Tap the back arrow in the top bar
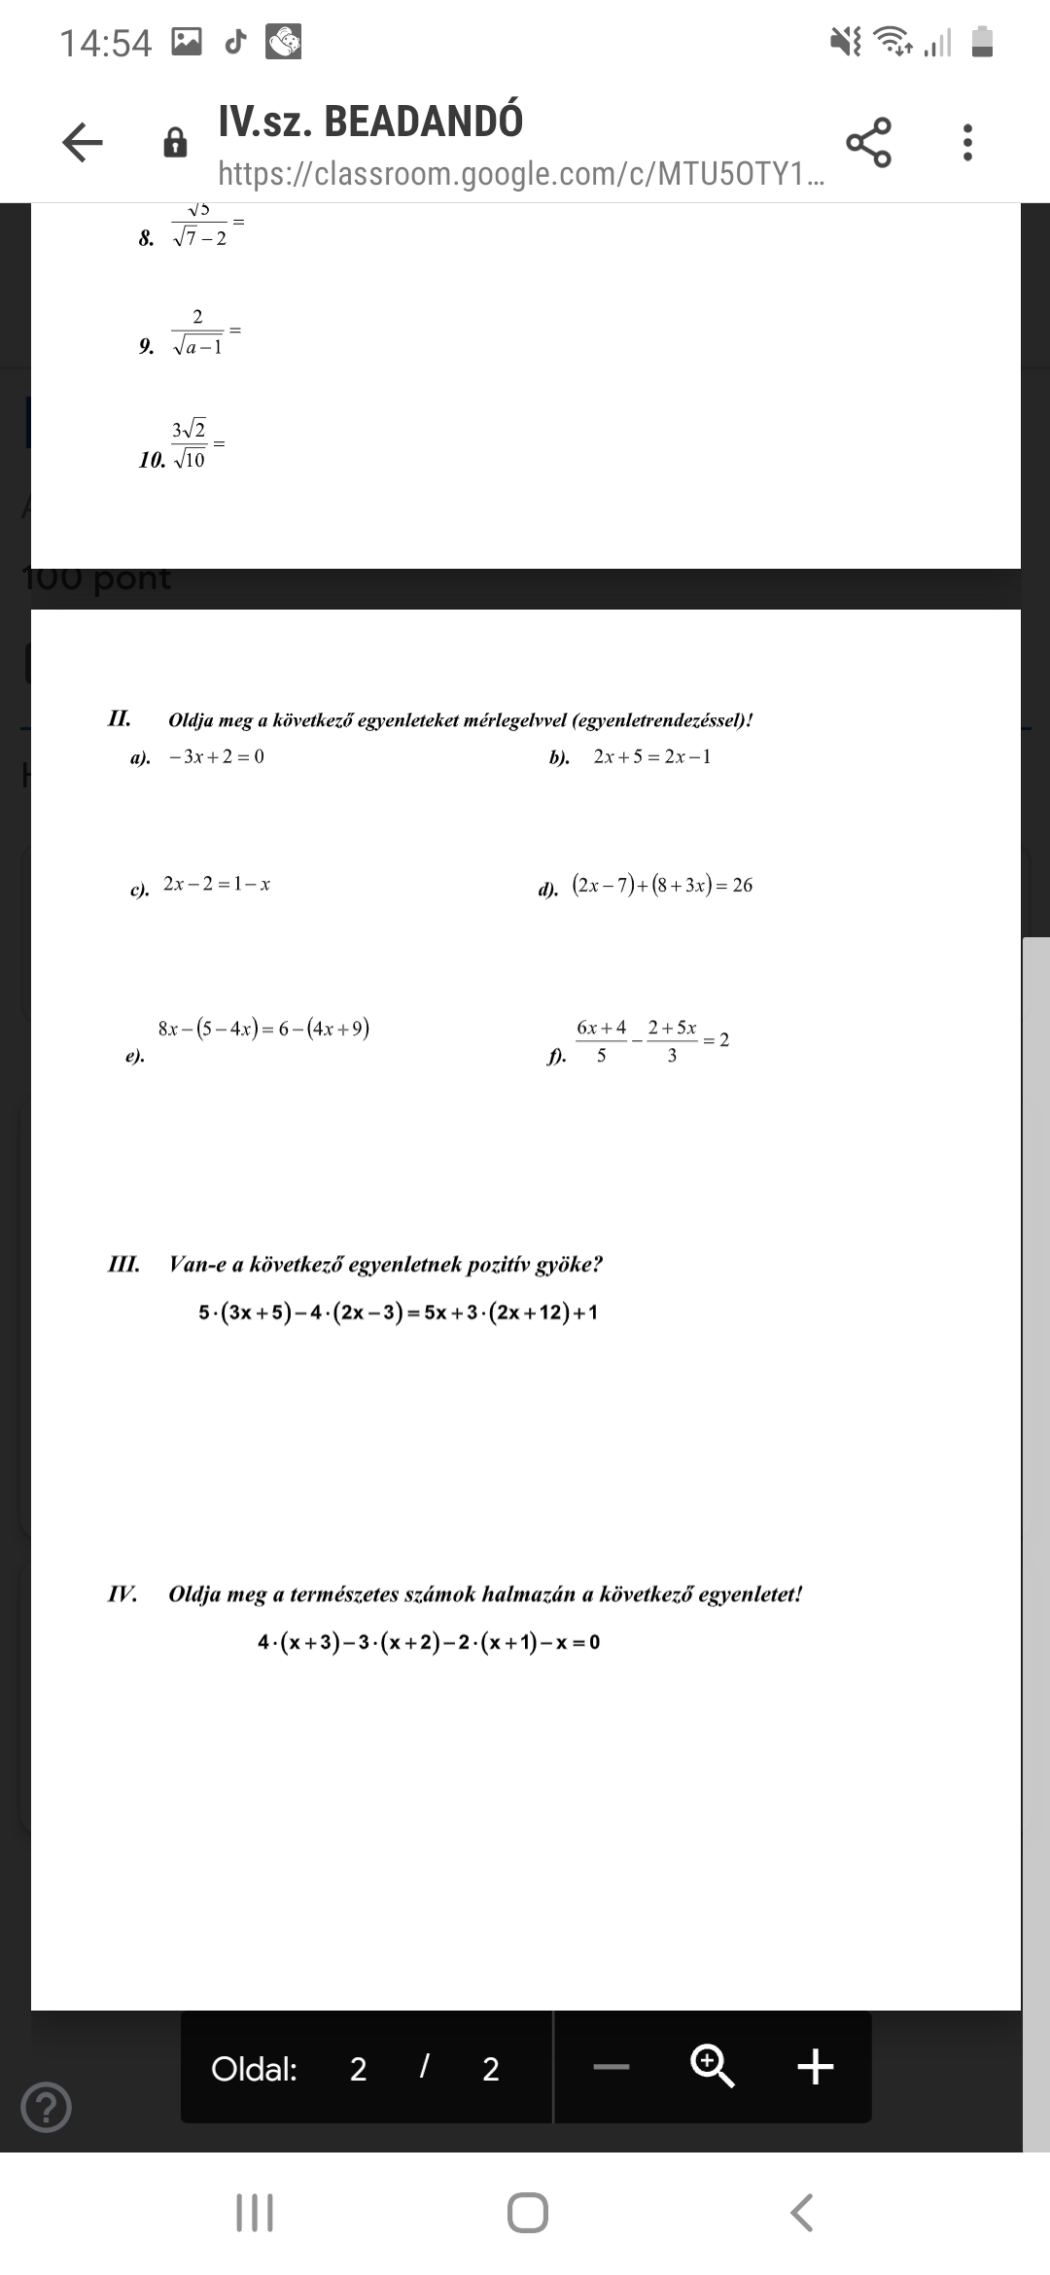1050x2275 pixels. point(83,143)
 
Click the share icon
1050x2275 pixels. point(868,142)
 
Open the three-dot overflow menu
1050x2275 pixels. point(966,142)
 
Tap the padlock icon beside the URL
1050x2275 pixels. point(175,143)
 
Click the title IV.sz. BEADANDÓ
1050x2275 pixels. point(370,121)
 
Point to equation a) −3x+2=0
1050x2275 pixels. point(216,756)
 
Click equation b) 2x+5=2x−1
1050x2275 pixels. point(651,756)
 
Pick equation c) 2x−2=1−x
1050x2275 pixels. point(216,884)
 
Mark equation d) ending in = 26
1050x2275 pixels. point(661,885)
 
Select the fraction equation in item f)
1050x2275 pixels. point(651,1040)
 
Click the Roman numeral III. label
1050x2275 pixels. point(123,1264)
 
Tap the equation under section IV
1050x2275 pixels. point(429,1642)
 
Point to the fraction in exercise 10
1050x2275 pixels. point(190,444)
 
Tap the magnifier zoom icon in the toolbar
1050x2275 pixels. point(712,2066)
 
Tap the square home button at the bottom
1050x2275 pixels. point(527,2213)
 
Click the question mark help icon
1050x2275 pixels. point(46,2107)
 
